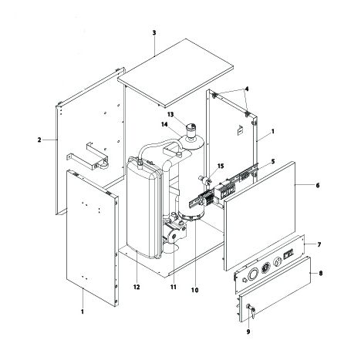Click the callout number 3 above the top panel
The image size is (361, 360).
pos(154,33)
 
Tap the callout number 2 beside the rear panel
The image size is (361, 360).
pos(39,140)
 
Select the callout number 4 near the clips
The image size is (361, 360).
pos(247,89)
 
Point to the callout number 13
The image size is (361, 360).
pos(170,114)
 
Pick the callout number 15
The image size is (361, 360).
pos(221,166)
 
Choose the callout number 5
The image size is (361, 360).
pos(273,161)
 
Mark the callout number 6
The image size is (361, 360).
pos(318,185)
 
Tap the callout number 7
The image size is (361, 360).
pos(319,244)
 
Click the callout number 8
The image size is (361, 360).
pos(321,274)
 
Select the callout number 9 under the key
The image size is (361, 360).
pos(248,332)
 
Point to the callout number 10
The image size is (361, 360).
pos(195,290)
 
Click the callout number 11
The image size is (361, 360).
pos(174,287)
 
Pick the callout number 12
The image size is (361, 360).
pos(137,287)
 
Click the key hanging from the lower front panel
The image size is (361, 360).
pos(252,311)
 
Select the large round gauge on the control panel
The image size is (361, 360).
pos(253,274)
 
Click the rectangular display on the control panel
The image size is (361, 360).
pos(288,255)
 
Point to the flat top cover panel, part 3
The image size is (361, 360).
pos(176,73)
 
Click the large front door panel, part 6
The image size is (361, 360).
pos(260,216)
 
